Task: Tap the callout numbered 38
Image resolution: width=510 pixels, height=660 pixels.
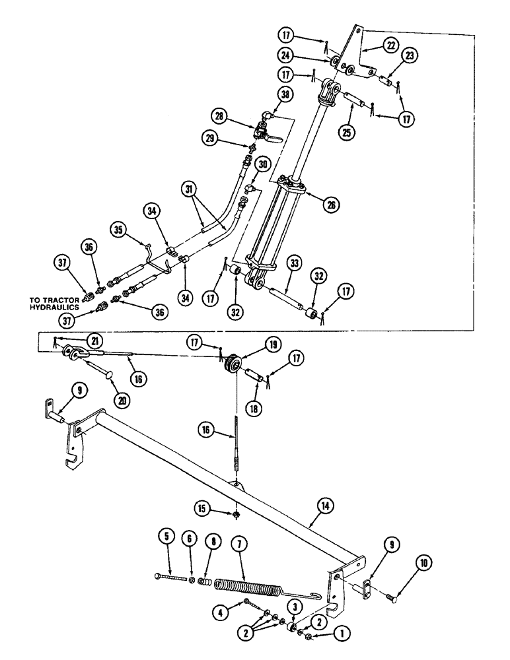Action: (286, 95)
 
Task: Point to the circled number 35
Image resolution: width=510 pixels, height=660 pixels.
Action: (118, 230)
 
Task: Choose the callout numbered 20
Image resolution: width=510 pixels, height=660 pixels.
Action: (124, 400)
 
